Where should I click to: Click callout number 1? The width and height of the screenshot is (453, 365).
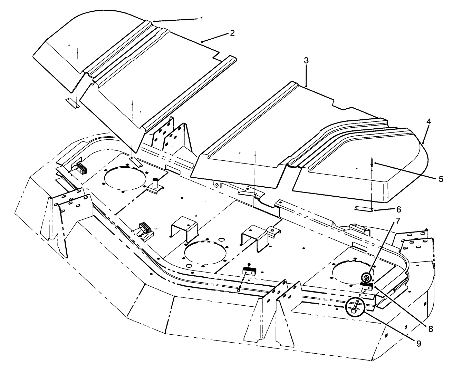coord(201,19)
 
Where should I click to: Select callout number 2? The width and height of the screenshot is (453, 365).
coord(232,33)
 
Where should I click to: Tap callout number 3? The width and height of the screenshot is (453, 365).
coord(306,60)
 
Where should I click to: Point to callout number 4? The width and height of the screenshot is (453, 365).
coord(428,121)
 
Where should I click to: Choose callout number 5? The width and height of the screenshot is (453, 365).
coord(441,179)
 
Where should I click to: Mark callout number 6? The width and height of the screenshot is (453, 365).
coord(399,209)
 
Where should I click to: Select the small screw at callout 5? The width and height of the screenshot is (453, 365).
coord(372,166)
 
